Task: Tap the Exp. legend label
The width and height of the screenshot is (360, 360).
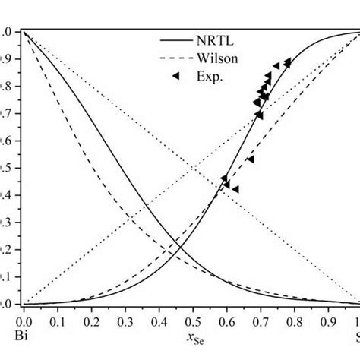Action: point(210,75)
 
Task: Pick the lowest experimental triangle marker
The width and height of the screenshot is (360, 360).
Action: point(235,189)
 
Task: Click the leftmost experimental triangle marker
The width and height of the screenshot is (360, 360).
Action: point(224,178)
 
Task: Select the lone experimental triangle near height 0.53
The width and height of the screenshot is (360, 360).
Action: point(251,159)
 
